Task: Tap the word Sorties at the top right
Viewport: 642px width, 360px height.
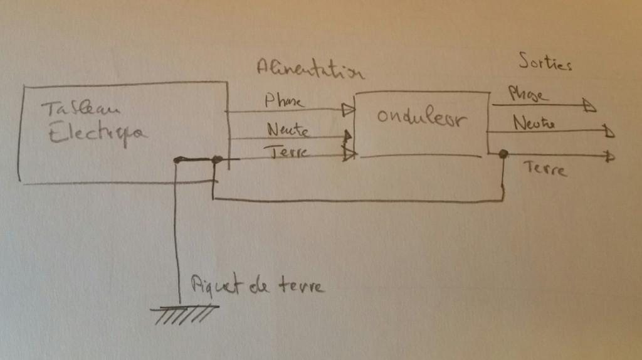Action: click(545, 62)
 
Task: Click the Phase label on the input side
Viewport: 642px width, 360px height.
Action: click(285, 100)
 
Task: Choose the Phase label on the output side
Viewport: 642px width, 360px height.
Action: click(528, 95)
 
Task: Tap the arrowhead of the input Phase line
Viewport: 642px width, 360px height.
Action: click(348, 110)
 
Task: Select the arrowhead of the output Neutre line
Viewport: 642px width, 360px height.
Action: click(609, 132)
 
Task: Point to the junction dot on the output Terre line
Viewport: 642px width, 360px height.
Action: click(503, 154)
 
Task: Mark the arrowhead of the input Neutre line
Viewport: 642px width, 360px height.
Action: click(347, 135)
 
